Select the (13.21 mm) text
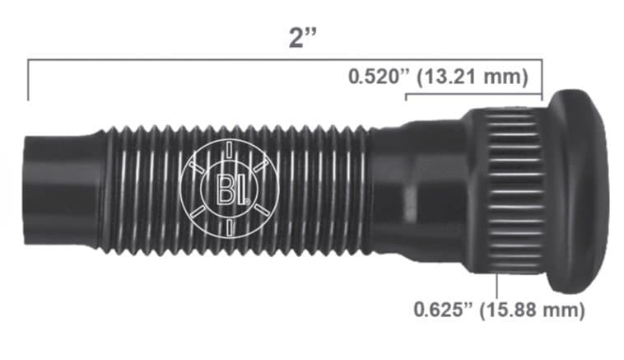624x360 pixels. [473, 77]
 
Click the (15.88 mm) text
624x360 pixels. [537, 311]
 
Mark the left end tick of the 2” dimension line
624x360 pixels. [29, 79]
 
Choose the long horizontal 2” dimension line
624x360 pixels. [247, 60]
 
